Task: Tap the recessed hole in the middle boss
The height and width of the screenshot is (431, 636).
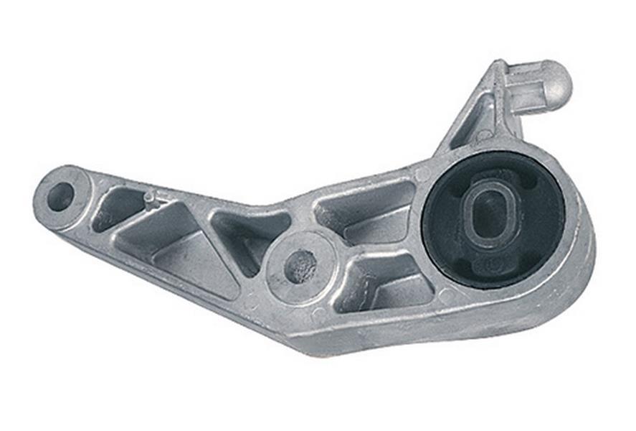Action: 300,267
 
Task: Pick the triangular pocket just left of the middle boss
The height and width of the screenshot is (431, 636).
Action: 244,237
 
